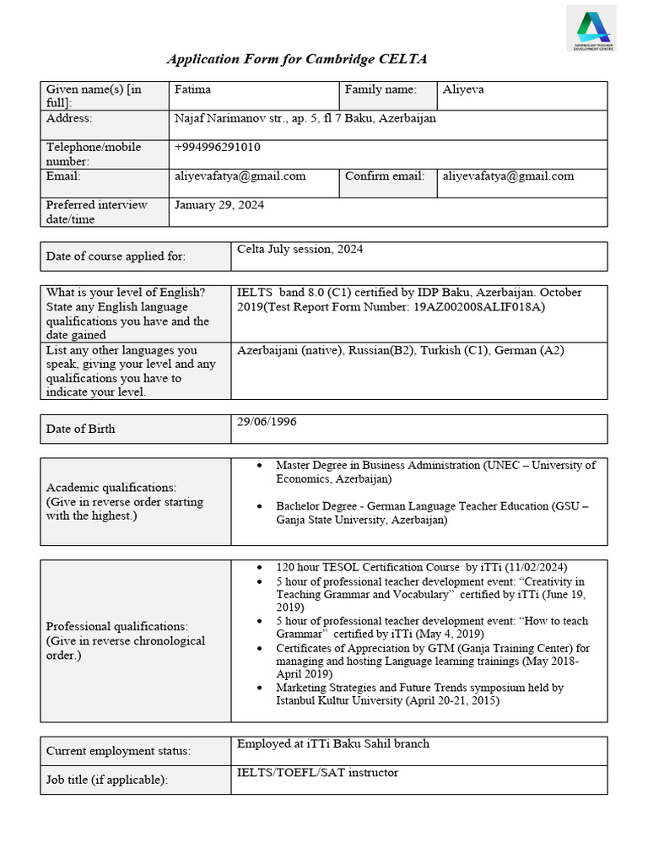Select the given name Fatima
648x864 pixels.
point(193,89)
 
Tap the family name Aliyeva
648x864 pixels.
point(463,89)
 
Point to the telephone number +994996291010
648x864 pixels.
point(217,147)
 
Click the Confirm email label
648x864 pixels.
point(380,176)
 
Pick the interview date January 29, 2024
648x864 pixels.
point(219,205)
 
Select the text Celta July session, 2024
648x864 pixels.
point(300,249)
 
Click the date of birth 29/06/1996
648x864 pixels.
point(267,421)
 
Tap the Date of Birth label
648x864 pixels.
point(81,429)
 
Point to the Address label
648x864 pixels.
point(69,119)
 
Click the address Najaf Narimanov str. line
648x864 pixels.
point(305,119)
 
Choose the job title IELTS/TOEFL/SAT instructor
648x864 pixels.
point(317,773)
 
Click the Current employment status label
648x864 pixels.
point(118,751)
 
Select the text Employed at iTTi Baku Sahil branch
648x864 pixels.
point(332,743)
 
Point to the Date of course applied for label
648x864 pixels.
point(116,256)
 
